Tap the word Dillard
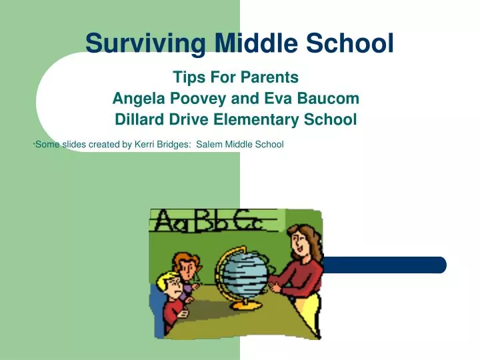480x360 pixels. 140,120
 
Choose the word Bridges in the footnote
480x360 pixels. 174,144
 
